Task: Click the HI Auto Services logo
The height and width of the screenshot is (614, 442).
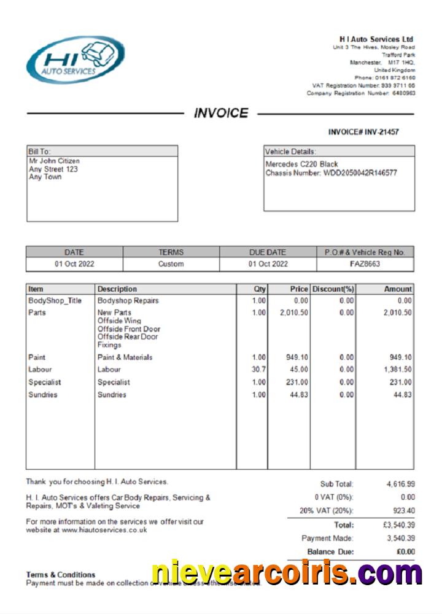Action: [x=75, y=60]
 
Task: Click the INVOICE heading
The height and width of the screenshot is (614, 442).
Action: [x=221, y=114]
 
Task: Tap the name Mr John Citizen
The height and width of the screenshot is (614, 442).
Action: [x=54, y=161]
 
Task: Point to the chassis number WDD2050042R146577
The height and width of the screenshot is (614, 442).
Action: [x=360, y=173]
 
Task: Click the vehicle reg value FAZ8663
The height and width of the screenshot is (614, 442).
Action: [x=365, y=264]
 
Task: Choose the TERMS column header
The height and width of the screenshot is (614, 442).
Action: [x=171, y=252]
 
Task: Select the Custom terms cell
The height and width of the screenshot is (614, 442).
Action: [x=171, y=264]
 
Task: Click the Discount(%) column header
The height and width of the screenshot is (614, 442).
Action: [x=333, y=289]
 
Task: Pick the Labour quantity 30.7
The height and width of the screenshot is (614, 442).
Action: [x=258, y=370]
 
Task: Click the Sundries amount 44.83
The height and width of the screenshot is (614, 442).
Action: [x=403, y=395]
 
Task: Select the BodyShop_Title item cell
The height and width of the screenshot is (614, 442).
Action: [x=55, y=301]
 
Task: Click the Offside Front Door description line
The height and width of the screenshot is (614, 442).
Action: [x=128, y=329]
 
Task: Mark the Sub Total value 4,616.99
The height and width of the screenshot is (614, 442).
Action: [x=400, y=484]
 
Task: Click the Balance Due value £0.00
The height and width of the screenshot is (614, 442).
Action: [x=405, y=552]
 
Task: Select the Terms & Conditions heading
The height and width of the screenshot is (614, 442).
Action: [x=60, y=575]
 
